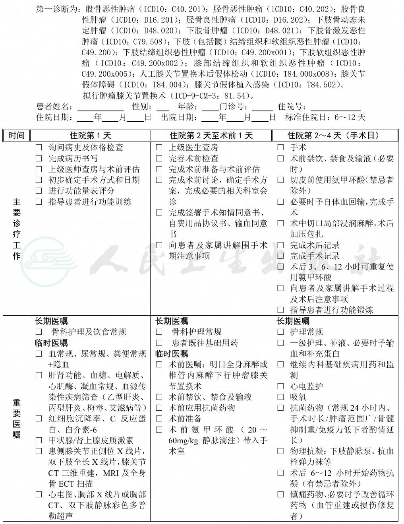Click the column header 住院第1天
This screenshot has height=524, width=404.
[90, 136]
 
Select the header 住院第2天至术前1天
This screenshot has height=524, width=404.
[211, 136]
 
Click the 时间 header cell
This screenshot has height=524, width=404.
[16, 136]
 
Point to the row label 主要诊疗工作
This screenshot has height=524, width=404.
[16, 229]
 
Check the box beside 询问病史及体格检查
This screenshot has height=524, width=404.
[39, 147]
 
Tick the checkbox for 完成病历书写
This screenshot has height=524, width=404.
[39, 159]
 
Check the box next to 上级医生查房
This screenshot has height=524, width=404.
[159, 147]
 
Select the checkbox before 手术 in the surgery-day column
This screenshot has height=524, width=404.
[280, 147]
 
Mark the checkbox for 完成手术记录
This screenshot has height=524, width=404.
[280, 256]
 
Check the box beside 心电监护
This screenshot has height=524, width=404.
[280, 386]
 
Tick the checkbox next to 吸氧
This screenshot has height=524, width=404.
[280, 397]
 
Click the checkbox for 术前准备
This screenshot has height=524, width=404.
[159, 419]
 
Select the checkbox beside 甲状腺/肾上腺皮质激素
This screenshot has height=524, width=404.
[39, 441]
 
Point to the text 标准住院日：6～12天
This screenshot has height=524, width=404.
[325, 117]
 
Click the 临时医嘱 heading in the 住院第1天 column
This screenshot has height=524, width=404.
[51, 343]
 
